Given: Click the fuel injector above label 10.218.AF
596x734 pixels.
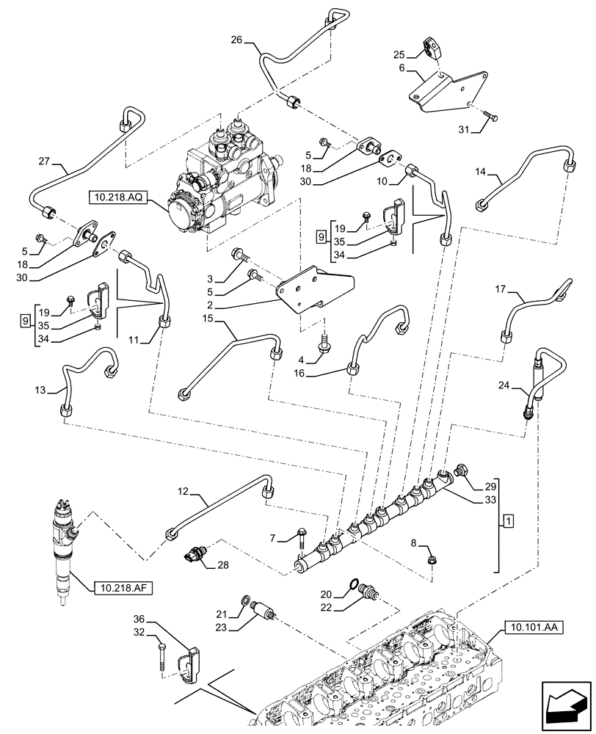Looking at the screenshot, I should coord(64,550).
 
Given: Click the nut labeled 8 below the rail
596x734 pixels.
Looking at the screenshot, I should coord(434,561).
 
